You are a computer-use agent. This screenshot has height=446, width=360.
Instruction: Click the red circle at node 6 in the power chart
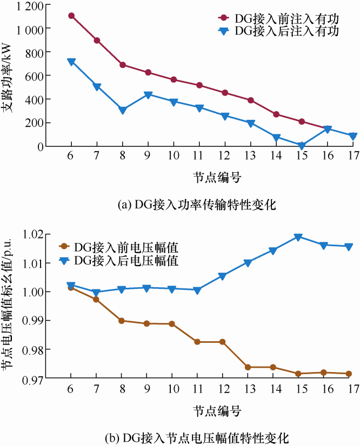point(71,16)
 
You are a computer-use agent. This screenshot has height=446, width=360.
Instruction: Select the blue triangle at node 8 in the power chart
point(123,110)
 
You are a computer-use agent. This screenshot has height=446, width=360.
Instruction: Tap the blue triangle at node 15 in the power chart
point(302,146)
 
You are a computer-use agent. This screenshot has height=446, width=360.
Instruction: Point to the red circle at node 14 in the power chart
point(276,114)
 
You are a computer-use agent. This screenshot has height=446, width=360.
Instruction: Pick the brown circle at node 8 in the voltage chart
point(122,321)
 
